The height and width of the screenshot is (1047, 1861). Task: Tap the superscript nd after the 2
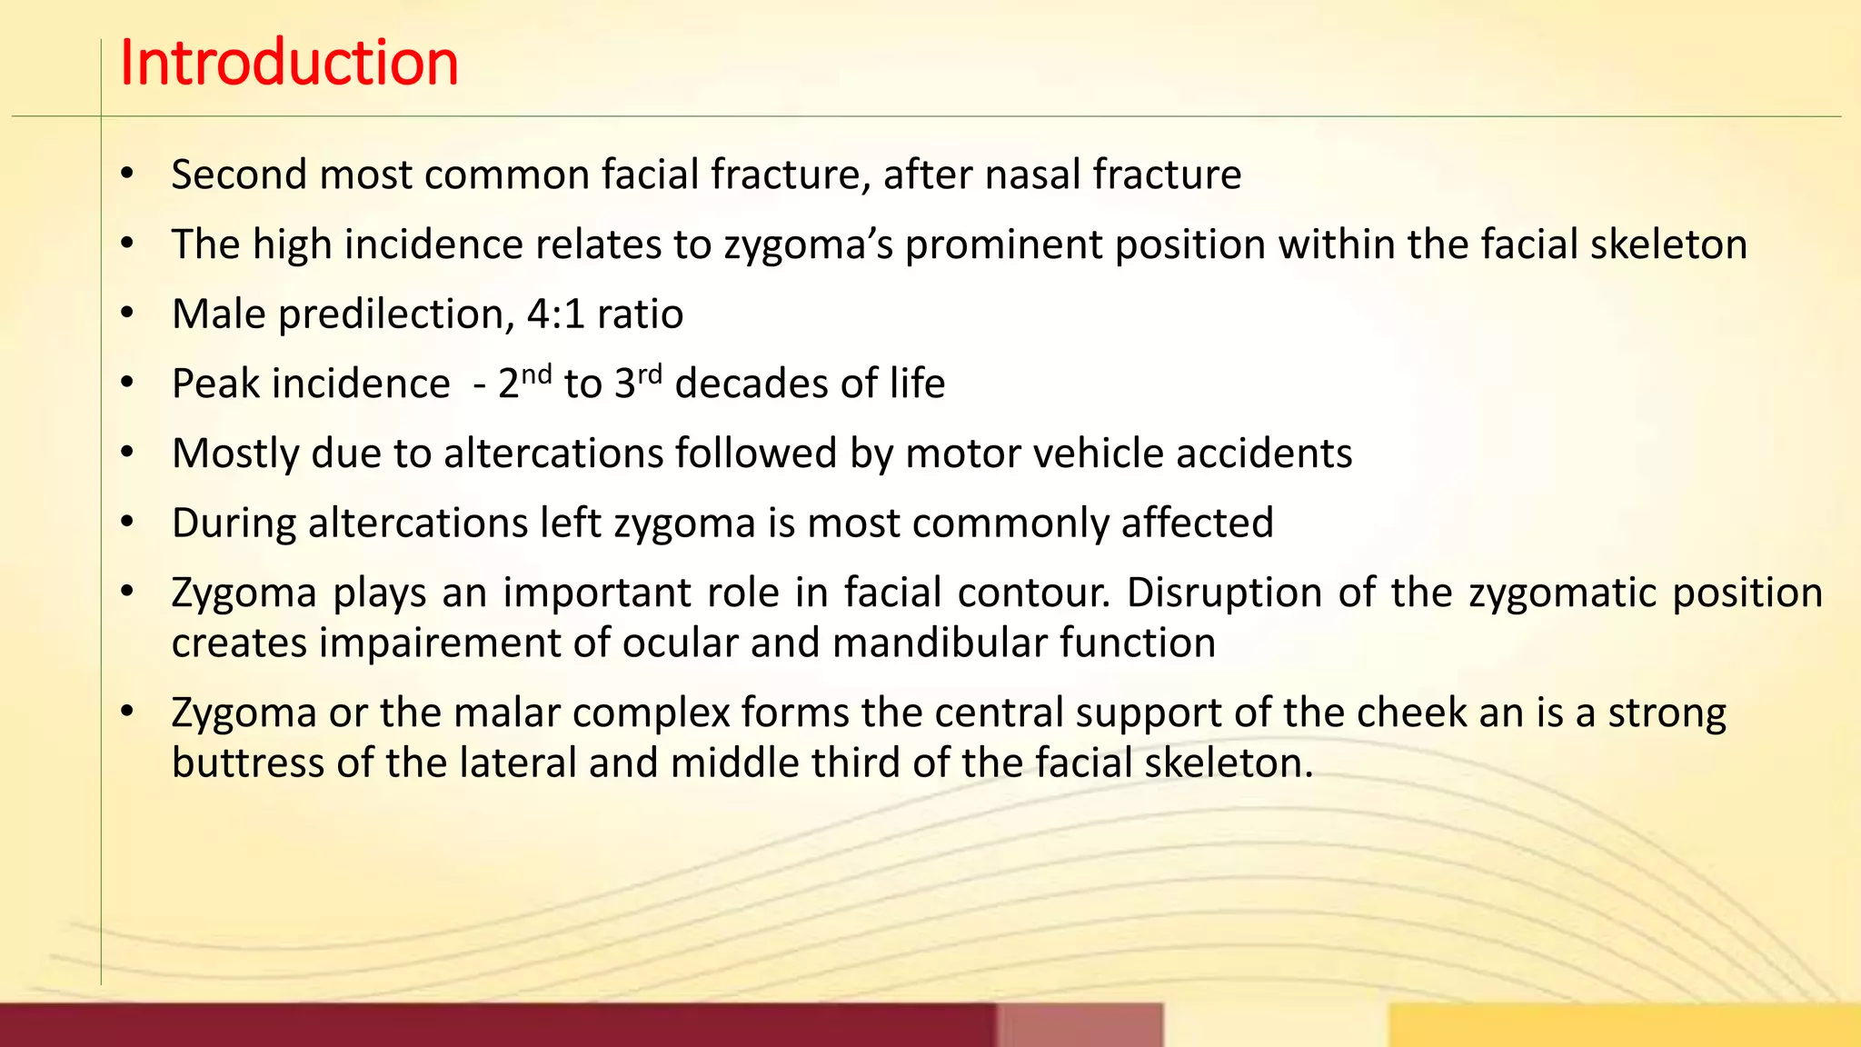point(537,374)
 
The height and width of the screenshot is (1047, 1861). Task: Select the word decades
point(751,384)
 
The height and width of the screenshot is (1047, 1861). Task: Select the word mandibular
point(940,643)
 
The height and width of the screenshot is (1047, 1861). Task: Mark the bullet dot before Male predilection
point(127,314)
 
